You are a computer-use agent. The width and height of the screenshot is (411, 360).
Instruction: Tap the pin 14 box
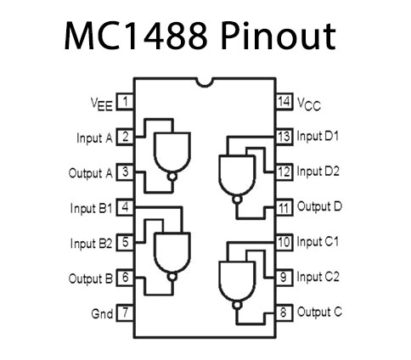pyautogui.click(x=284, y=101)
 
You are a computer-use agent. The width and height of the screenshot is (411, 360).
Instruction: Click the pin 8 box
pyautogui.click(x=284, y=312)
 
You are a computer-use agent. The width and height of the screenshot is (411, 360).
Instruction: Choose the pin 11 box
pyautogui.click(x=284, y=207)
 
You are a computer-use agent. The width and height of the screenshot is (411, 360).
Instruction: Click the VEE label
pyautogui.click(x=100, y=102)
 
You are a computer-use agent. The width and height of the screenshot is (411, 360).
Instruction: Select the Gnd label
pyautogui.click(x=101, y=313)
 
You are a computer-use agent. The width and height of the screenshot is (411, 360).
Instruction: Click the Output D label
pyautogui.click(x=320, y=207)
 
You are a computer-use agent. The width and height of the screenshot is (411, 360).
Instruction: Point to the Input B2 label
pyautogui.click(x=90, y=243)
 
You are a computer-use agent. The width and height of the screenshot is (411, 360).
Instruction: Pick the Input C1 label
pyautogui.click(x=318, y=242)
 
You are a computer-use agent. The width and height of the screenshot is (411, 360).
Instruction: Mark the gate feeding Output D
pyautogui.click(x=237, y=167)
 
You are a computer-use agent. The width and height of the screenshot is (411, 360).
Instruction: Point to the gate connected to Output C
pyautogui.click(x=237, y=272)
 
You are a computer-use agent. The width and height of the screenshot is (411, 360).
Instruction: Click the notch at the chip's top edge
pyautogui.click(x=205, y=80)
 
